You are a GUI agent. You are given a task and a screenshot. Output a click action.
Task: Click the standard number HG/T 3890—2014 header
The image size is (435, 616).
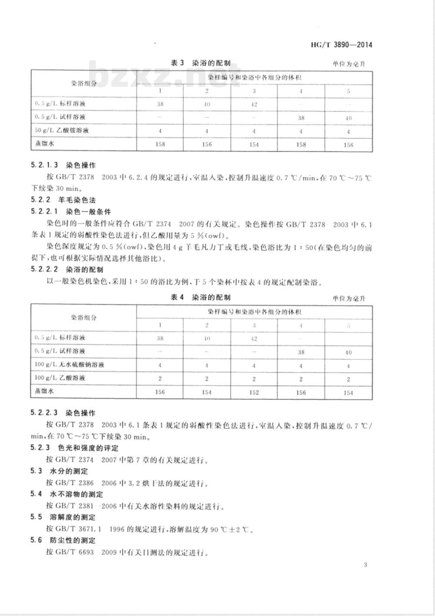coord(342,45)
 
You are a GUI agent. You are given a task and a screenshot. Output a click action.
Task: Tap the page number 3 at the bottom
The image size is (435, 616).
coord(365,565)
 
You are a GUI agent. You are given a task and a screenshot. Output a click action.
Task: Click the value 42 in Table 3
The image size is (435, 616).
coord(254,104)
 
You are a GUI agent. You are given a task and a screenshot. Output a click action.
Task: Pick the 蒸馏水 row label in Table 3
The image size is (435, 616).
coord(43,144)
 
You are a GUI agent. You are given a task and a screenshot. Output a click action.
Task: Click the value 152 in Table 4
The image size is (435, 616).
coord(254,392)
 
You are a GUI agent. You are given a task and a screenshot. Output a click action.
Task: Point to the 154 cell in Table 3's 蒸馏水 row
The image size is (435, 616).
coord(254,145)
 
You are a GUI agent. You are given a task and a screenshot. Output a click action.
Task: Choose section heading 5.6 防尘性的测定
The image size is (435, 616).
coord(63,540)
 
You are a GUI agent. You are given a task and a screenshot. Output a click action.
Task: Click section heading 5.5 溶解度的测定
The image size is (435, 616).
coord(63,517)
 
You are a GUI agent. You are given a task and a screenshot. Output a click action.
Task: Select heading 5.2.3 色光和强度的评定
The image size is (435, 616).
coord(74,448)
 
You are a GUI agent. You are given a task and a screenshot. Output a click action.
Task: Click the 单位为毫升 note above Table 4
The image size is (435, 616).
coord(349,298)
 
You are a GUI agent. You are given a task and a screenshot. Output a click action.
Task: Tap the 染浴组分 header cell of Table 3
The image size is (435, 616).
coord(84,83)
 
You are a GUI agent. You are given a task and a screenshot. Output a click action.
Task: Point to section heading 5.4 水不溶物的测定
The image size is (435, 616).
coord(67,494)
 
